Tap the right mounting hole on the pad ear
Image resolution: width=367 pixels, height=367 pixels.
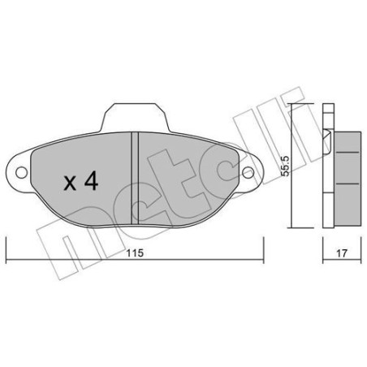point(249,172)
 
